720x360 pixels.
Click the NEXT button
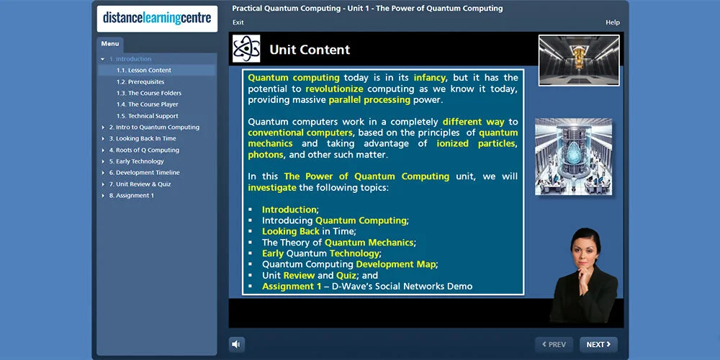[x=598, y=344]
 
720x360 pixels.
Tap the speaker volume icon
[x=236, y=344]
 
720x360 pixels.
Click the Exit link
[x=238, y=22]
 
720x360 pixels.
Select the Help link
[x=613, y=22]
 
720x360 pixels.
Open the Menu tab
[x=110, y=44]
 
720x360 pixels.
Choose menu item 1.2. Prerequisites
[x=140, y=82]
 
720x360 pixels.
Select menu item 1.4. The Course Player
[x=147, y=104]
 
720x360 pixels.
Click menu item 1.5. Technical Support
[x=147, y=116]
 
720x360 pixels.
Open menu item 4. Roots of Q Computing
[x=144, y=150]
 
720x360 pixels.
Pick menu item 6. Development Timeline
[x=144, y=173]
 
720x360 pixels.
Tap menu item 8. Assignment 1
[x=131, y=195]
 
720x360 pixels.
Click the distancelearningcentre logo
[x=157, y=19]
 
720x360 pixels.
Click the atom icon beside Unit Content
[x=246, y=49]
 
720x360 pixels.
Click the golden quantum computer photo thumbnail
[x=579, y=60]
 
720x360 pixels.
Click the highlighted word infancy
[x=430, y=77]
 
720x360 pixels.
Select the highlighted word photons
[x=266, y=155]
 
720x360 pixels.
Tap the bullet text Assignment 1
[x=292, y=286]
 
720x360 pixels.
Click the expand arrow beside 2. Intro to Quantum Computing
[x=103, y=127]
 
